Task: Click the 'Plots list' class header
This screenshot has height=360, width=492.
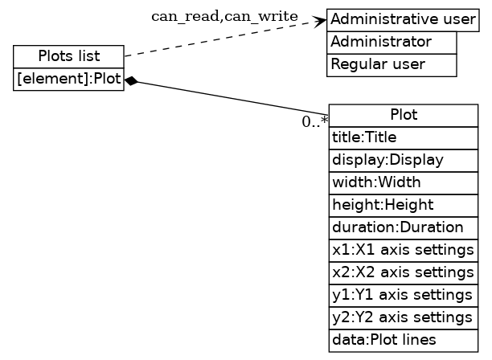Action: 68,56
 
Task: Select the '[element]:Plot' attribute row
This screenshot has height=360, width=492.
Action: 68,80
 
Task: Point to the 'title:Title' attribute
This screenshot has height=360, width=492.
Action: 403,137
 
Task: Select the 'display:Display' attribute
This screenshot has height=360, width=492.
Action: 403,160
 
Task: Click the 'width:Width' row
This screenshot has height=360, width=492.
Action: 403,182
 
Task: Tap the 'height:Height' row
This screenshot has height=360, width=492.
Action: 403,205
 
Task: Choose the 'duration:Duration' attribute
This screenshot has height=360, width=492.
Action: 403,227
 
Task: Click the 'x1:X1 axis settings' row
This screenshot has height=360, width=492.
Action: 403,250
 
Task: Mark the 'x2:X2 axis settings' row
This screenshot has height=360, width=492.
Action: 403,272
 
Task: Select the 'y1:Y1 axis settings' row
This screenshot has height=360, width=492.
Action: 403,295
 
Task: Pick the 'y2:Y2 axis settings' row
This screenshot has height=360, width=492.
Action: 403,317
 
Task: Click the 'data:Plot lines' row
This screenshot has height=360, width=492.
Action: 403,340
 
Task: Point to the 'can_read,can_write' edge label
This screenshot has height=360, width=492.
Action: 224,16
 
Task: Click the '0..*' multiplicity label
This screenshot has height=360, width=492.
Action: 314,122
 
